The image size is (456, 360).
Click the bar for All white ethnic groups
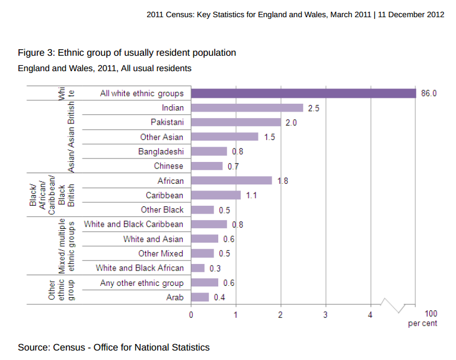(x=303, y=93)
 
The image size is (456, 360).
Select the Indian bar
(x=247, y=108)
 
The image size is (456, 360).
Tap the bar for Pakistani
(x=236, y=122)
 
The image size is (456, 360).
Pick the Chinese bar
(x=207, y=166)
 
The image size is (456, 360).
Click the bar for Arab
(x=200, y=297)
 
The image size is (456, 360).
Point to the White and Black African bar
(x=198, y=268)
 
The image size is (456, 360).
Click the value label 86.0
(x=429, y=93)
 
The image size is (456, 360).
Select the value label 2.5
(x=314, y=109)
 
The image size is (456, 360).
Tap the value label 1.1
(x=251, y=195)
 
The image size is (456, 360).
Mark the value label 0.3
(x=215, y=268)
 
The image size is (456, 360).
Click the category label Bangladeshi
(x=161, y=151)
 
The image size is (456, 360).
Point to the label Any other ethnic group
(x=142, y=283)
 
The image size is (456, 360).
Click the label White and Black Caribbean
(x=133, y=224)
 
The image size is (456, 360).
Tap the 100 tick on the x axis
(x=431, y=314)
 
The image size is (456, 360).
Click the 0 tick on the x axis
(x=191, y=314)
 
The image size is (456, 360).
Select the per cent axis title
(x=423, y=324)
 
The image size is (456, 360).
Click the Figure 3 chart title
(x=127, y=53)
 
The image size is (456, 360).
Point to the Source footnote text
(x=113, y=347)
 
